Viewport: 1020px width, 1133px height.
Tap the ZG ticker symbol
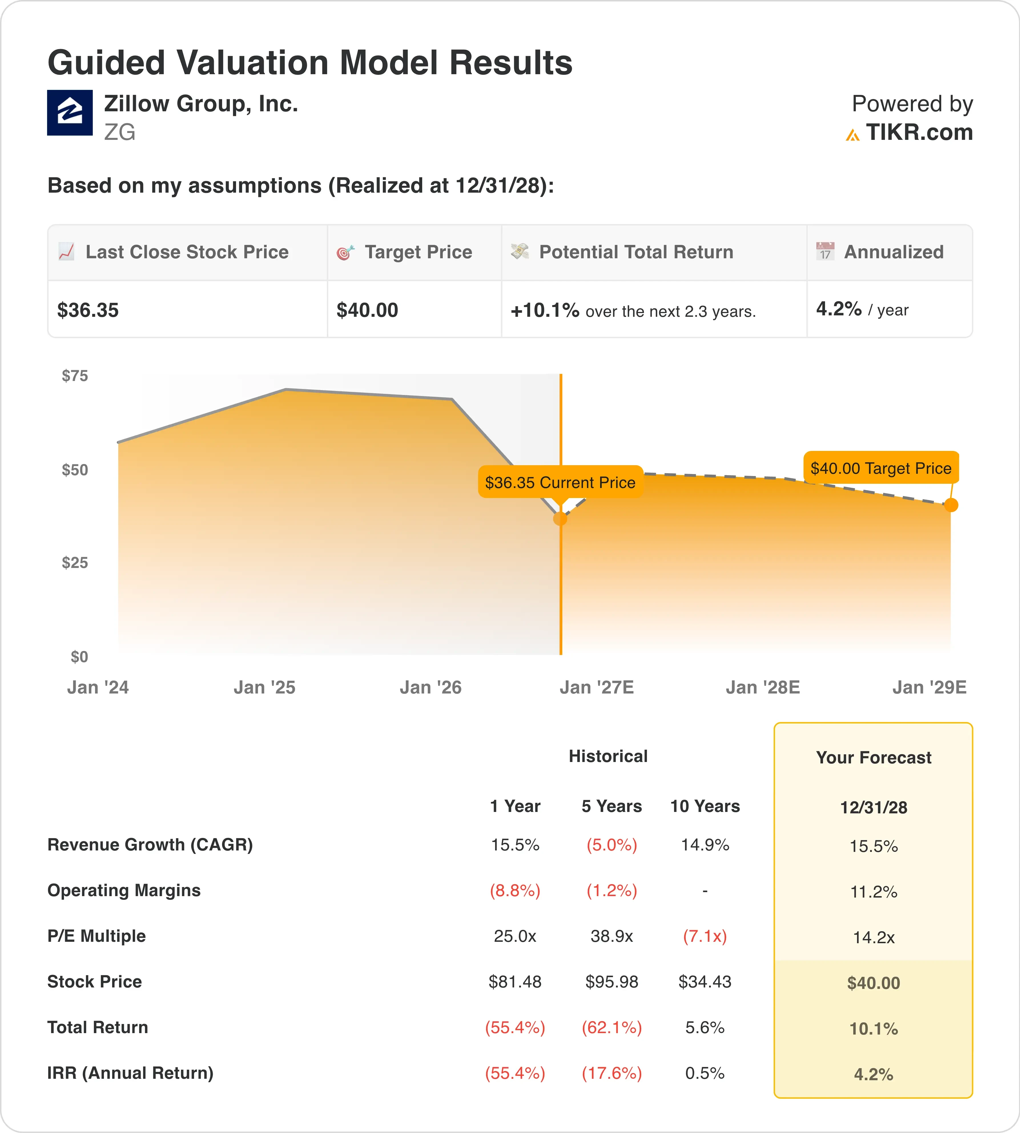click(x=119, y=132)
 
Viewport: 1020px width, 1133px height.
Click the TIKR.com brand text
click(x=919, y=132)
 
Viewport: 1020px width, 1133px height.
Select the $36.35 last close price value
click(x=88, y=310)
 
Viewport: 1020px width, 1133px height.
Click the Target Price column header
click(x=418, y=252)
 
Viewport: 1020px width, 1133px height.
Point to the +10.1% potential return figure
click(x=545, y=310)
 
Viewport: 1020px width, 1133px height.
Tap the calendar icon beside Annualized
click(x=825, y=251)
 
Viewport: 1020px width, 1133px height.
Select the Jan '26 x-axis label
click(x=430, y=688)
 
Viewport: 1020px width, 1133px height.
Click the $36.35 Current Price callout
click(x=560, y=482)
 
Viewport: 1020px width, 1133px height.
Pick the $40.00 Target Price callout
click(x=881, y=468)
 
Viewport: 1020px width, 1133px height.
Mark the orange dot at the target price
click(x=951, y=505)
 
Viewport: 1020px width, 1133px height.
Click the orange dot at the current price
click(x=560, y=519)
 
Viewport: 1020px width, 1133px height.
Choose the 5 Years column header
click(x=611, y=806)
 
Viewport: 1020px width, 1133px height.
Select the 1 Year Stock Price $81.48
click(x=515, y=982)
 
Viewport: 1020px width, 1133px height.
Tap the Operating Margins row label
click(x=124, y=890)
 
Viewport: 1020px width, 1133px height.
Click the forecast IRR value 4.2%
click(x=874, y=1074)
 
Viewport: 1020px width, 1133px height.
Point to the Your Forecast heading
click(x=874, y=758)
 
